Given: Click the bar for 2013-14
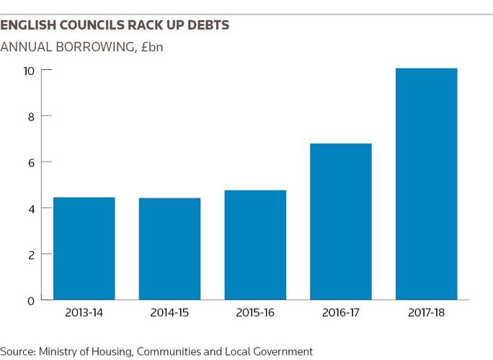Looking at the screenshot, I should (x=84, y=248).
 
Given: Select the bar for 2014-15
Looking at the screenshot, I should (x=169, y=249).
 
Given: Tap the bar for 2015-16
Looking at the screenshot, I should (x=255, y=245).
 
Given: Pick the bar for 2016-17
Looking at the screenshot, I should (x=341, y=221).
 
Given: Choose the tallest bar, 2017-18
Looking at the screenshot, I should (x=427, y=184).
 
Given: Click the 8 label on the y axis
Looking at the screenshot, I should (x=30, y=116).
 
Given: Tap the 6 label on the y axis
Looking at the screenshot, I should (x=30, y=162).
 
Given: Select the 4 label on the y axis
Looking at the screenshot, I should (x=30, y=208).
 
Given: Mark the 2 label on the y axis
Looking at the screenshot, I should (x=30, y=255).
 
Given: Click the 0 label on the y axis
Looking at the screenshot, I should (x=30, y=300).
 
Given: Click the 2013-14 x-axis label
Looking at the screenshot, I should (x=84, y=315).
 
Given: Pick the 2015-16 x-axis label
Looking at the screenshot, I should (x=255, y=315).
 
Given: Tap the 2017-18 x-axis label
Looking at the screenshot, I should (x=427, y=315).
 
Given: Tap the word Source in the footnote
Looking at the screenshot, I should (x=17, y=351).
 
